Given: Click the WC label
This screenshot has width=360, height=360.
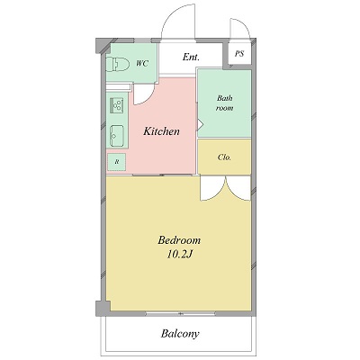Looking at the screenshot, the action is pyautogui.click(x=142, y=64).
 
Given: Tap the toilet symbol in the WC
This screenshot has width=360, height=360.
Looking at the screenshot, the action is pyautogui.click(x=117, y=64).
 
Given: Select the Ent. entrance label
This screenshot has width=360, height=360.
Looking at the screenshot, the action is pyautogui.click(x=191, y=57).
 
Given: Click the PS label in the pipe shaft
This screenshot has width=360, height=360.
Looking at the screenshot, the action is pyautogui.click(x=239, y=54).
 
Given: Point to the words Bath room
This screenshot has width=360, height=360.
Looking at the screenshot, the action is pyautogui.click(x=225, y=103).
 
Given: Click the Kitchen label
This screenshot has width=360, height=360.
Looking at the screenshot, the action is pyautogui.click(x=161, y=131).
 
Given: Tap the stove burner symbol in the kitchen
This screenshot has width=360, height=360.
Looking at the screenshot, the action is pyautogui.click(x=117, y=105).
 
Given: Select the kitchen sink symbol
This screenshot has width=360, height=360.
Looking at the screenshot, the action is pyautogui.click(x=117, y=136).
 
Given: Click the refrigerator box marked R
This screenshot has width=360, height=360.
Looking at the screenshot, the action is pyautogui.click(x=117, y=162).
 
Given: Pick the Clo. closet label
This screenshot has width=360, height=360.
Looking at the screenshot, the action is pyautogui.click(x=224, y=157).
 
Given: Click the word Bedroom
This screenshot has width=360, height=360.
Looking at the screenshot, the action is pyautogui.click(x=179, y=240).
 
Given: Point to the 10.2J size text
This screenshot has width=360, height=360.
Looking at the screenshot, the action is pyautogui.click(x=180, y=255).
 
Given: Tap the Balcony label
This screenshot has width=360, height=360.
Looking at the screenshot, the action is pyautogui.click(x=180, y=334).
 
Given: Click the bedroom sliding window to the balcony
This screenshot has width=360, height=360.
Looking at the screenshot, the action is pyautogui.click(x=180, y=314).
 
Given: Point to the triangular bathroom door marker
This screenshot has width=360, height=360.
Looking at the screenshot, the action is pyautogui.click(x=201, y=123).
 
